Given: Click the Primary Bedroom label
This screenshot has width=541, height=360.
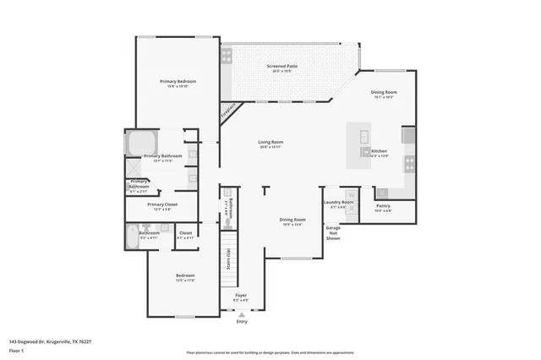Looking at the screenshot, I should (x=178, y=82).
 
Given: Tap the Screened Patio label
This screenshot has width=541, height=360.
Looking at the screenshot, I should (x=281, y=67).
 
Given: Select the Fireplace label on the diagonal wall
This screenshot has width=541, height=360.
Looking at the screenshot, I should (x=227, y=111).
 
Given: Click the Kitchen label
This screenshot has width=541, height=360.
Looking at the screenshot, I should (x=380, y=153).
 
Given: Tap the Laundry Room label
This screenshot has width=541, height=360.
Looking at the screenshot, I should (x=338, y=204).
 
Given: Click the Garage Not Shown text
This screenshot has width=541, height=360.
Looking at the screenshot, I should (x=334, y=232).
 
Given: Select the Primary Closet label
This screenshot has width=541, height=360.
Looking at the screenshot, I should (x=161, y=205).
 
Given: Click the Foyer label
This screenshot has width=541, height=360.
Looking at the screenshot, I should (x=241, y=297).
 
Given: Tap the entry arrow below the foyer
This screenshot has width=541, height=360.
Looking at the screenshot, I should (x=242, y=314).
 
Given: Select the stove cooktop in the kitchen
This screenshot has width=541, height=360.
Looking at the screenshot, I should (x=409, y=162).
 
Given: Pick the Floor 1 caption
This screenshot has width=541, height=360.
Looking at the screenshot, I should (x=17, y=350).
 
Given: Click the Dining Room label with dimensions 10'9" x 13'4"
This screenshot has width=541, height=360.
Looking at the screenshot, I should (x=292, y=221).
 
